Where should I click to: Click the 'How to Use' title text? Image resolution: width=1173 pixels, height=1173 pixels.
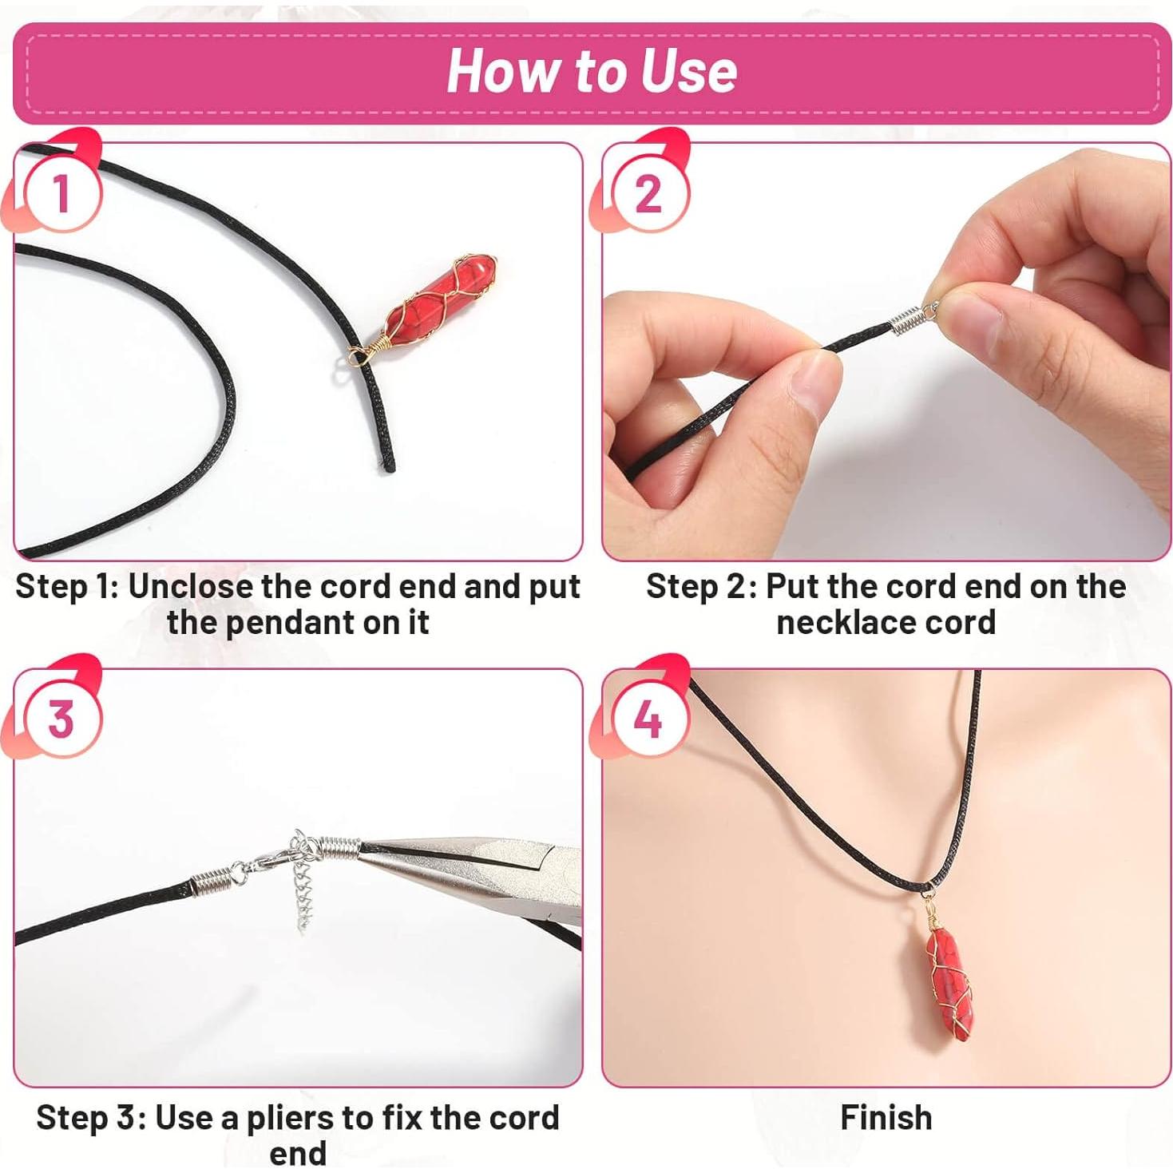[x=592, y=71]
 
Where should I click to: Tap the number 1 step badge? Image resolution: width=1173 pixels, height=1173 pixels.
[x=62, y=193]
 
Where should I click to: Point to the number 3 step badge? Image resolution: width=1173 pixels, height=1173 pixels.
[x=62, y=719]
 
